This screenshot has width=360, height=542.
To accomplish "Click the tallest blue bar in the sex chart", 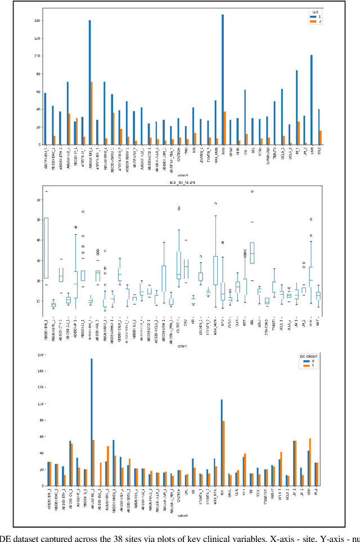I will tap(222, 79).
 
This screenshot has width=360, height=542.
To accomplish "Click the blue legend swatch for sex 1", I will tap(314, 17).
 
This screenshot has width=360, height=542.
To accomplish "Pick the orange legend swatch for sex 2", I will tap(314, 22).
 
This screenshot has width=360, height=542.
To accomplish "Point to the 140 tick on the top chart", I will tap(37, 21).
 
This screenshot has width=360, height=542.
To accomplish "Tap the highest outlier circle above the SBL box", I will tap(252, 191).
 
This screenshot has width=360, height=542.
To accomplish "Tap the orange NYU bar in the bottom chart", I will tap(223, 453).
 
